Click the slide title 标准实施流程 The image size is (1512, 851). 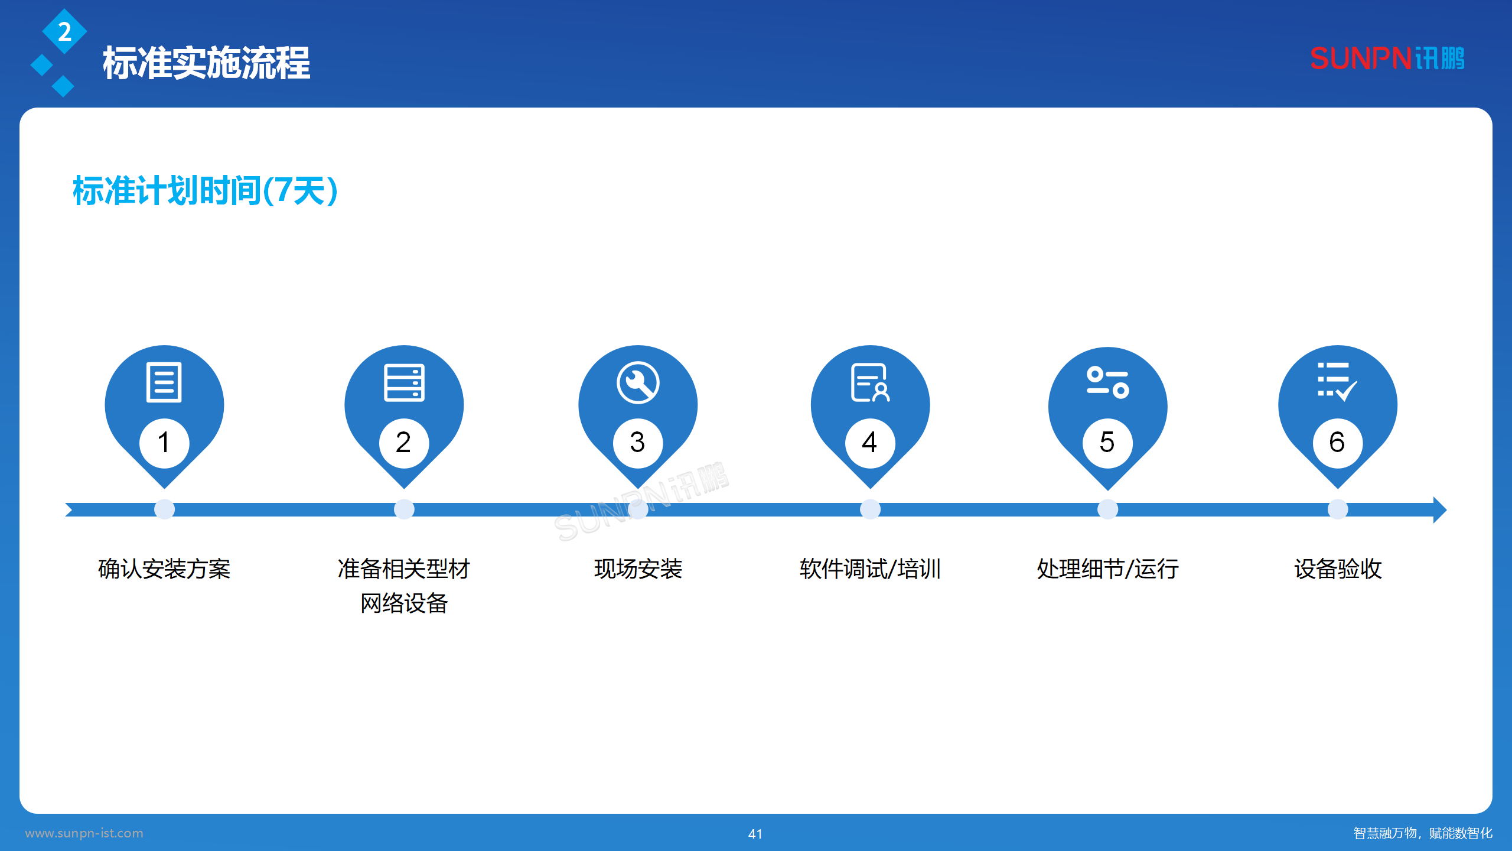206,63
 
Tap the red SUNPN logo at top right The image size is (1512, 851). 1387,59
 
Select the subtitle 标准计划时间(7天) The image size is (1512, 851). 205,190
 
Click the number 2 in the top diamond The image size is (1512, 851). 64,31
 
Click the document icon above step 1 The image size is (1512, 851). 164,382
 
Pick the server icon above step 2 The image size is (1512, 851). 404,382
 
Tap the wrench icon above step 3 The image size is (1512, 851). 638,382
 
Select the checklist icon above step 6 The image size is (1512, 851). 1337,381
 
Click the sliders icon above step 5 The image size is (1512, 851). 1107,382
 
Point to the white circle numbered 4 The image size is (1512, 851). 870,443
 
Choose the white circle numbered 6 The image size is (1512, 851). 1338,443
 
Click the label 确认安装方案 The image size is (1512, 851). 164,569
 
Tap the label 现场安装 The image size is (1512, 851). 638,569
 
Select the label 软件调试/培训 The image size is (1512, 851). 870,569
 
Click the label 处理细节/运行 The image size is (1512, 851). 1107,569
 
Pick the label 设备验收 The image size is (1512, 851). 1338,569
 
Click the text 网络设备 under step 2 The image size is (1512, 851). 404,603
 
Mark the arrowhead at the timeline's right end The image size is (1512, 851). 1440,509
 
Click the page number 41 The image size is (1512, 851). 755,834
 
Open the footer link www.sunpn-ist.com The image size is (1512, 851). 84,833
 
